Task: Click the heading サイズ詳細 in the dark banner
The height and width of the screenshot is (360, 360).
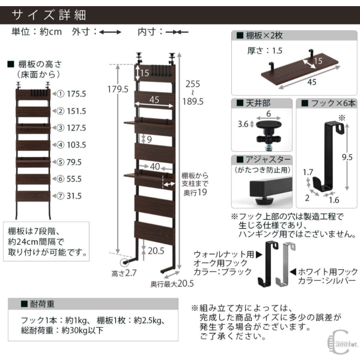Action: [49, 15]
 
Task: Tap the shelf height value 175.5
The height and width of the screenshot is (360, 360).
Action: [76, 94]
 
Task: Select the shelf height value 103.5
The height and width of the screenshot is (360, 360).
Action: [76, 145]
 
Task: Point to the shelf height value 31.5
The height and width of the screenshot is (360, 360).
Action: [74, 196]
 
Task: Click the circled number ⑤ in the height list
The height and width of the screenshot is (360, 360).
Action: [60, 162]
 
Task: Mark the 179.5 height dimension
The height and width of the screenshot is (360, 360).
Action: [118, 89]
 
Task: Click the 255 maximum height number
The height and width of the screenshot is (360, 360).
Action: [193, 84]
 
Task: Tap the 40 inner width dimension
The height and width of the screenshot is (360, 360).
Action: [155, 167]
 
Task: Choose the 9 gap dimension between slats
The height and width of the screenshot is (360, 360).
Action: [149, 139]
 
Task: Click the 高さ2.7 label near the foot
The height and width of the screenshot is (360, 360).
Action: [124, 273]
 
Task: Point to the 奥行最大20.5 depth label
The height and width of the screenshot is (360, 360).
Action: [172, 284]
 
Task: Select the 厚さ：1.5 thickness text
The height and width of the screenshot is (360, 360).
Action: [265, 50]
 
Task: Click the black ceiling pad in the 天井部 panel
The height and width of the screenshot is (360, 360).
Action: [268, 125]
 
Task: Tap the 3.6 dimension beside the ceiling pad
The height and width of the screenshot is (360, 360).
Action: [243, 124]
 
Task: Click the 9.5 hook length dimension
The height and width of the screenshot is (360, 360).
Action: [347, 157]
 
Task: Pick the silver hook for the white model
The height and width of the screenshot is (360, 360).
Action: [286, 264]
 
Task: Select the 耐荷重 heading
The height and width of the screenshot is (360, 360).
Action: [42, 304]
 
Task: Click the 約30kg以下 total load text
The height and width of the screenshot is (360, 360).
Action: [82, 330]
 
